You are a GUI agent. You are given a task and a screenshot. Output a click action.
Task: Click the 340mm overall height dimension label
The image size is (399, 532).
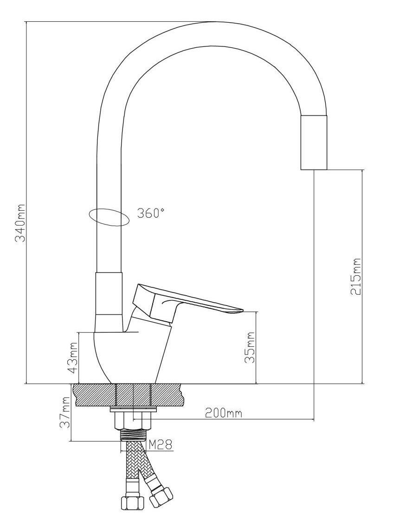(x=20, y=223)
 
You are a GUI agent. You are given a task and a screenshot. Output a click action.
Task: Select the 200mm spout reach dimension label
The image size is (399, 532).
(x=224, y=413)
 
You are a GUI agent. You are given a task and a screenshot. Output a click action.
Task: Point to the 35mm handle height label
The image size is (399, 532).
(x=250, y=347)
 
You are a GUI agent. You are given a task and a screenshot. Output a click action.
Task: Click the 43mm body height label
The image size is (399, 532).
(x=72, y=357)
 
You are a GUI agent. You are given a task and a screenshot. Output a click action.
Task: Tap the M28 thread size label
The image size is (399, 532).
(x=161, y=444)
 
